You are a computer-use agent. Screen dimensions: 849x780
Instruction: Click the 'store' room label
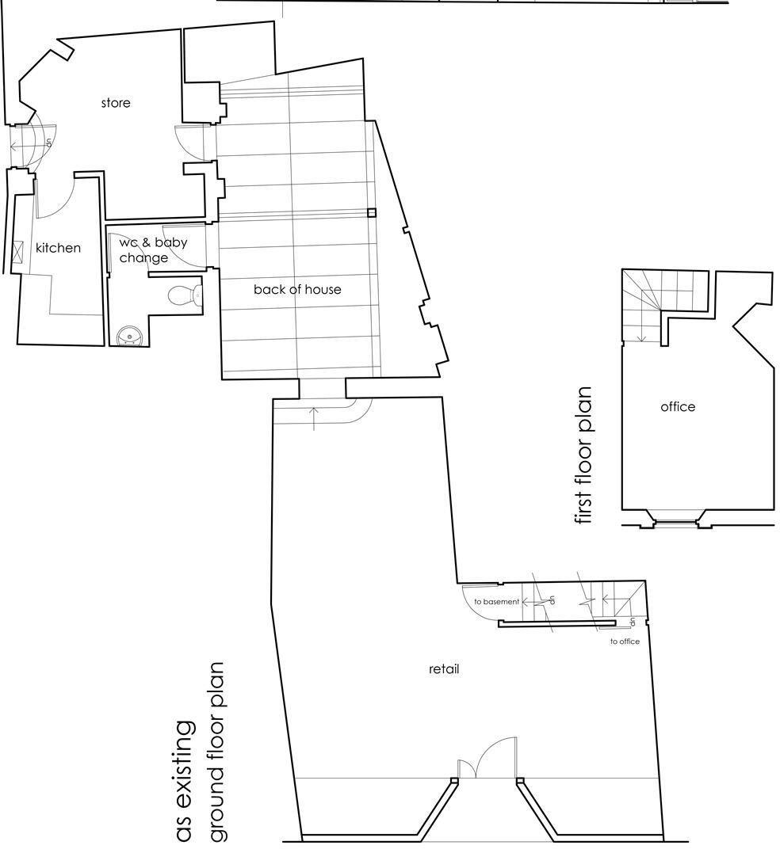(x=116, y=103)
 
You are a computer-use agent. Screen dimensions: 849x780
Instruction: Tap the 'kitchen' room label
(x=58, y=248)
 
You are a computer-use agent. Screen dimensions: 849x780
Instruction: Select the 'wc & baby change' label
(x=152, y=249)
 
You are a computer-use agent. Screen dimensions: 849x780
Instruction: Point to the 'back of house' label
(x=297, y=289)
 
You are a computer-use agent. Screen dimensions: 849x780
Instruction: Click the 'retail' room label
(x=444, y=668)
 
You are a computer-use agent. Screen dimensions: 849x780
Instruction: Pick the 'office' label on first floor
(x=678, y=406)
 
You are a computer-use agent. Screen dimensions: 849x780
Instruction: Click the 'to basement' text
(x=496, y=602)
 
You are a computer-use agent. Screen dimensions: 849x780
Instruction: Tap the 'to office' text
(x=625, y=642)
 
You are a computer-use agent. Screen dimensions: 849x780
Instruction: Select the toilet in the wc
(x=185, y=295)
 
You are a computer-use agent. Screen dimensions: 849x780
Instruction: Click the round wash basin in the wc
(x=128, y=337)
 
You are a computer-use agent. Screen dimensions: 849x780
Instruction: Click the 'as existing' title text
(x=184, y=780)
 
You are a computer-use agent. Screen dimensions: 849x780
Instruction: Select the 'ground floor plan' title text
(x=217, y=752)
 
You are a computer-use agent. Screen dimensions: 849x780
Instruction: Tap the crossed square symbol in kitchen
(x=18, y=251)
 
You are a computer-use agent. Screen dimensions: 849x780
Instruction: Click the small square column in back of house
(x=371, y=212)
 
